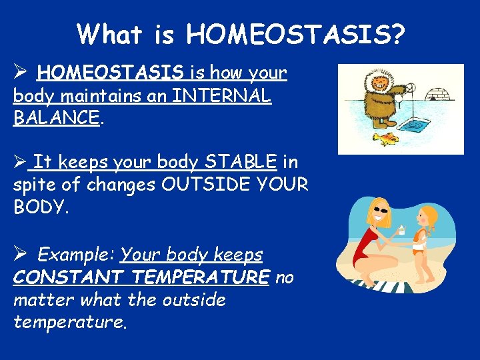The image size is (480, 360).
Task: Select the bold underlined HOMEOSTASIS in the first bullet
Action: click(x=111, y=72)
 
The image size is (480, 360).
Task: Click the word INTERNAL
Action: click(x=221, y=96)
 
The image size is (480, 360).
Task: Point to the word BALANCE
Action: click(x=56, y=119)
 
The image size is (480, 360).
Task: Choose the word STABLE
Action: click(x=241, y=161)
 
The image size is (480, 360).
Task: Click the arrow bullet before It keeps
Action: click(x=20, y=161)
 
